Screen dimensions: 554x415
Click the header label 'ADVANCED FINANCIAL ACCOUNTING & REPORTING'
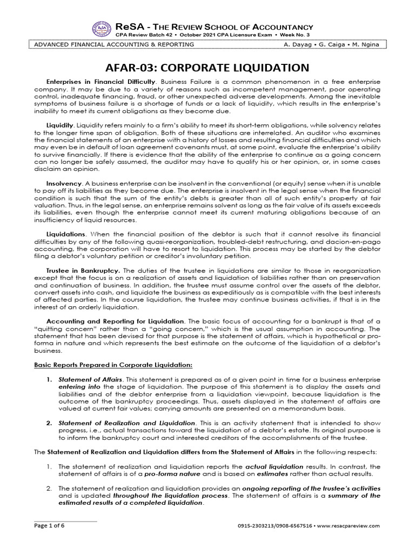pyautogui.click(x=111, y=44)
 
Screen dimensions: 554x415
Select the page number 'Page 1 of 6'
pyautogui.click(x=49, y=525)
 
